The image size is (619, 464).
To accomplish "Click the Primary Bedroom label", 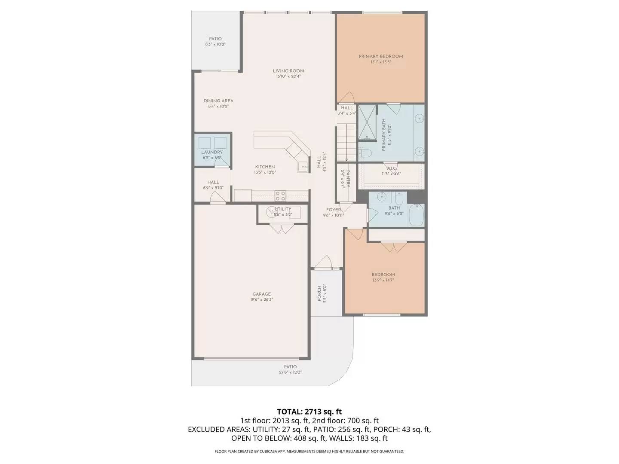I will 381,56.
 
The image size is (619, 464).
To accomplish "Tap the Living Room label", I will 288,71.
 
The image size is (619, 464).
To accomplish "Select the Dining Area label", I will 218,101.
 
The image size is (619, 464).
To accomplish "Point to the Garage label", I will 261,294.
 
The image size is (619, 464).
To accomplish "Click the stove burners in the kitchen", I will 280,196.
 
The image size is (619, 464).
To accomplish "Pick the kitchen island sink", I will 303,167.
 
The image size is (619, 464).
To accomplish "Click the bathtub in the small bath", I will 416,216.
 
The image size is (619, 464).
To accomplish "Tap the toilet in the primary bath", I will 364,153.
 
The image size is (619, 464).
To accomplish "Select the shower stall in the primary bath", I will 367,122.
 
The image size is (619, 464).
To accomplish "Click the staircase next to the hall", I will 346,142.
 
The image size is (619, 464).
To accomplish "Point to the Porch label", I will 319,293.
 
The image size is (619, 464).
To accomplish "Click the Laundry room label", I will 212,152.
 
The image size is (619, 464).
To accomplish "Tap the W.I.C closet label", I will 391,168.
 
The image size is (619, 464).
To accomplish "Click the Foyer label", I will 334,210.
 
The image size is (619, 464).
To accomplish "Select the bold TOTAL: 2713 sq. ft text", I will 309,412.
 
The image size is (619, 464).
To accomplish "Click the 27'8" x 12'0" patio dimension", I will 290,372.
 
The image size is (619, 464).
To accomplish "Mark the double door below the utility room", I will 282,229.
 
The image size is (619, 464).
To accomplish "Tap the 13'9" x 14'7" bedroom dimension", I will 383,280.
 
